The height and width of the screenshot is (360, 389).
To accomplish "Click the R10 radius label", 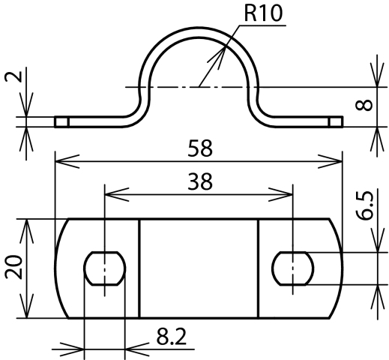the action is click(263, 13).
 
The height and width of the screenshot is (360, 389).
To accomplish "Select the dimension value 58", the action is click(200, 148).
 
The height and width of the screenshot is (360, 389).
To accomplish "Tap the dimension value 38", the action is click(200, 181).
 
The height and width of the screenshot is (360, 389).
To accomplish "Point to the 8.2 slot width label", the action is click(172, 337).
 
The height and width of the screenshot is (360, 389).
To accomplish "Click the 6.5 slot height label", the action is click(364, 205).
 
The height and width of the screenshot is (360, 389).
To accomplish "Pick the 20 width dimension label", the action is click(13, 267).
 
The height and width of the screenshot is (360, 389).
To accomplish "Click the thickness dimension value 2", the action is click(13, 76).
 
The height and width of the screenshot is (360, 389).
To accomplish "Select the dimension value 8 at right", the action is click(364, 105).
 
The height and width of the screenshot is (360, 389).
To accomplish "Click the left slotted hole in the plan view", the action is click(105, 268).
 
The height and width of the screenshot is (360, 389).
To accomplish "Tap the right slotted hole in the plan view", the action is click(293, 268).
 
